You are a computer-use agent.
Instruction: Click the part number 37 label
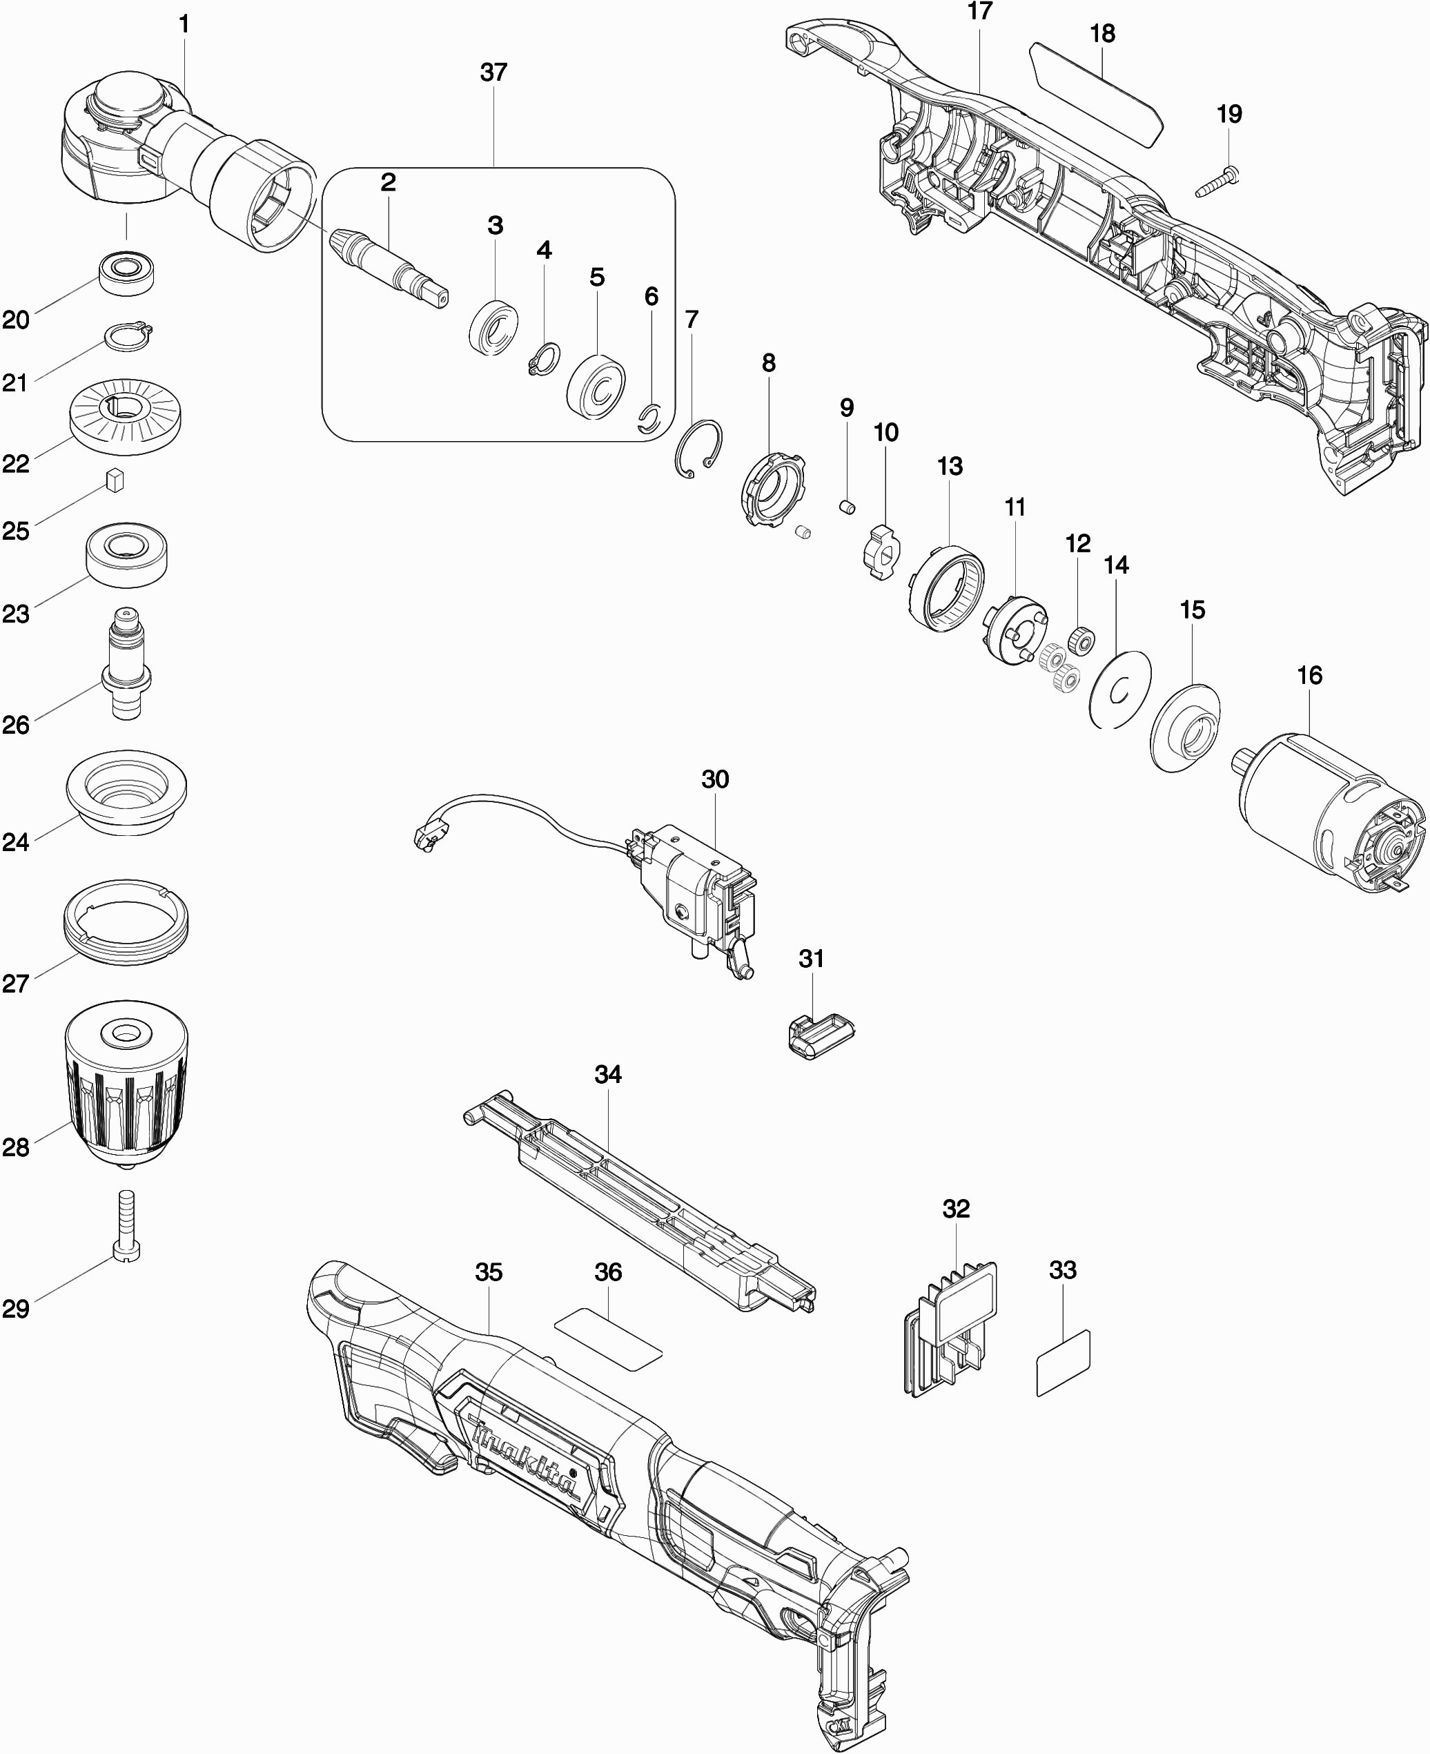point(493,72)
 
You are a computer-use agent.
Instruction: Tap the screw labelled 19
point(1217,182)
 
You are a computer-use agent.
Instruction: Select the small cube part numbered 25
point(115,480)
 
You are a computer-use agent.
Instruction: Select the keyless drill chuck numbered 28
point(126,1086)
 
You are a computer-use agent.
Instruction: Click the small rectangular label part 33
point(1063,1363)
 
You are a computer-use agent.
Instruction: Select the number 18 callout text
point(1102,34)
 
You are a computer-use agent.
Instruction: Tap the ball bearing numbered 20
point(126,272)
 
